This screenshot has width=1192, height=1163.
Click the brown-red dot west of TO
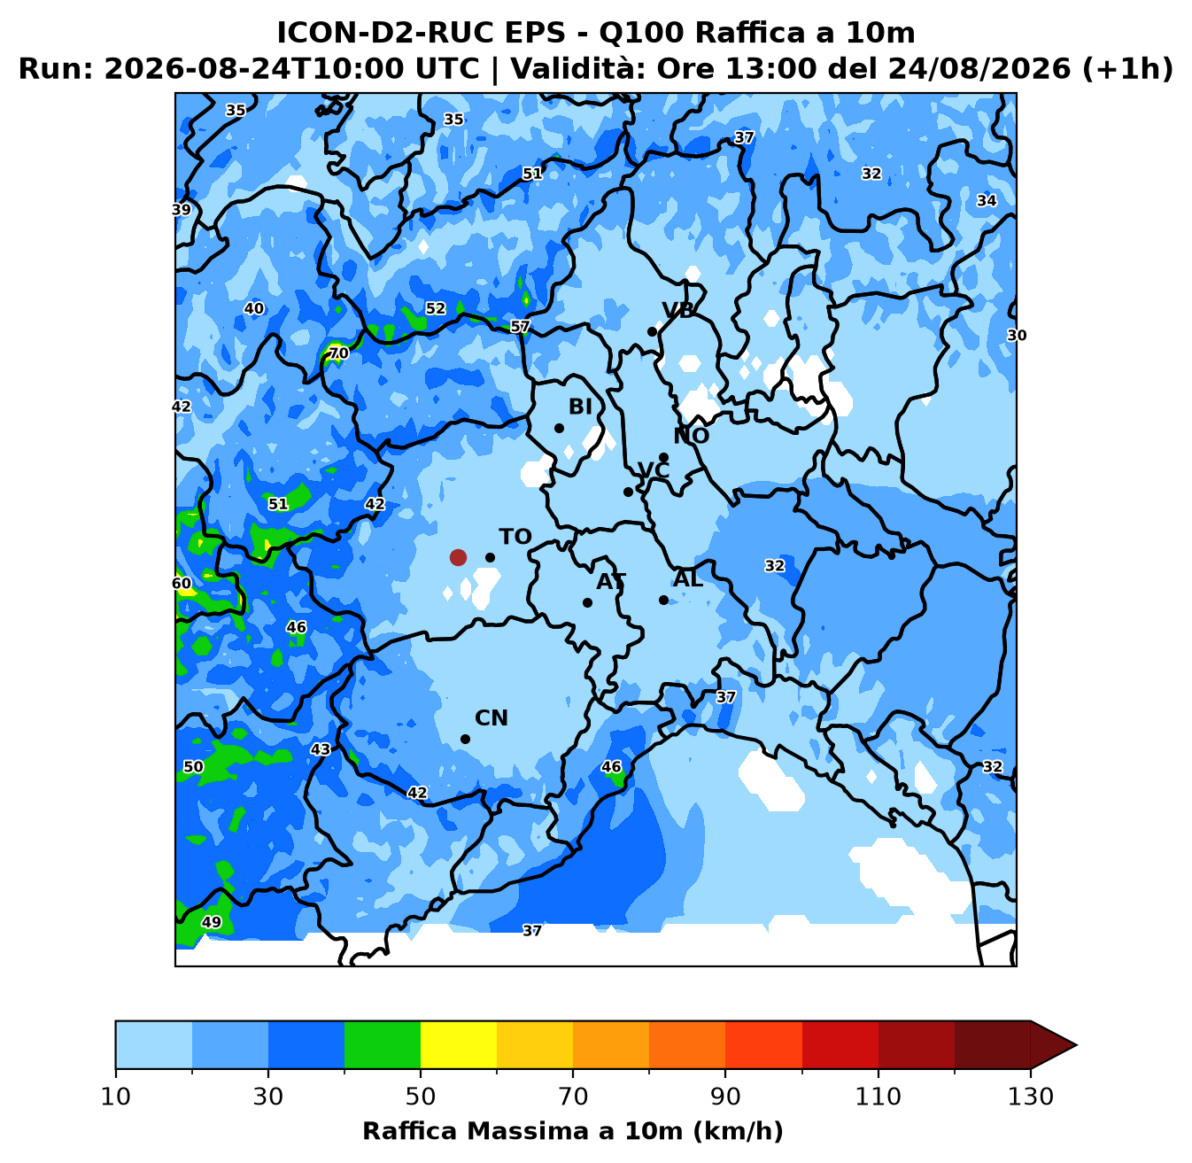click(x=458, y=557)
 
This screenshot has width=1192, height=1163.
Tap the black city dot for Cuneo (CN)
click(x=465, y=739)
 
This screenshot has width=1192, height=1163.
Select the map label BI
click(x=580, y=407)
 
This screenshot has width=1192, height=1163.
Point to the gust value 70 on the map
click(x=338, y=353)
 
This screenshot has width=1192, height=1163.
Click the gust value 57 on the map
click(x=520, y=327)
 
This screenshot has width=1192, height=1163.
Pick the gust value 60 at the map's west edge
click(x=182, y=584)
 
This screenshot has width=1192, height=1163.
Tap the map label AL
click(x=688, y=578)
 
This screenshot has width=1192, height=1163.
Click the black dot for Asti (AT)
click(x=587, y=603)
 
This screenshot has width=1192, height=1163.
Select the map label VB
click(x=678, y=310)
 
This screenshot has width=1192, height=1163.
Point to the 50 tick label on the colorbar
click(x=420, y=1097)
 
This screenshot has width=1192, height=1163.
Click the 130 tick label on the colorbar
click(x=1030, y=1097)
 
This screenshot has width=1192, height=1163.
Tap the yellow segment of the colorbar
click(x=458, y=1044)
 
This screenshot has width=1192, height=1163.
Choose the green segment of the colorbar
click(x=383, y=1044)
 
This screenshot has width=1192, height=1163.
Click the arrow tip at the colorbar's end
click(x=1076, y=1044)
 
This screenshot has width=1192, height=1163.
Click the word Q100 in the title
click(x=641, y=33)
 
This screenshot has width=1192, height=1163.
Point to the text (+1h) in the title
click(x=1127, y=68)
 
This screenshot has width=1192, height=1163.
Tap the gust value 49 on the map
click(x=212, y=922)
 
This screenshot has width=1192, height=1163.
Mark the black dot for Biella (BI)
click(x=559, y=429)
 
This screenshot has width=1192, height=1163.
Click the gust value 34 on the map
click(x=987, y=200)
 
